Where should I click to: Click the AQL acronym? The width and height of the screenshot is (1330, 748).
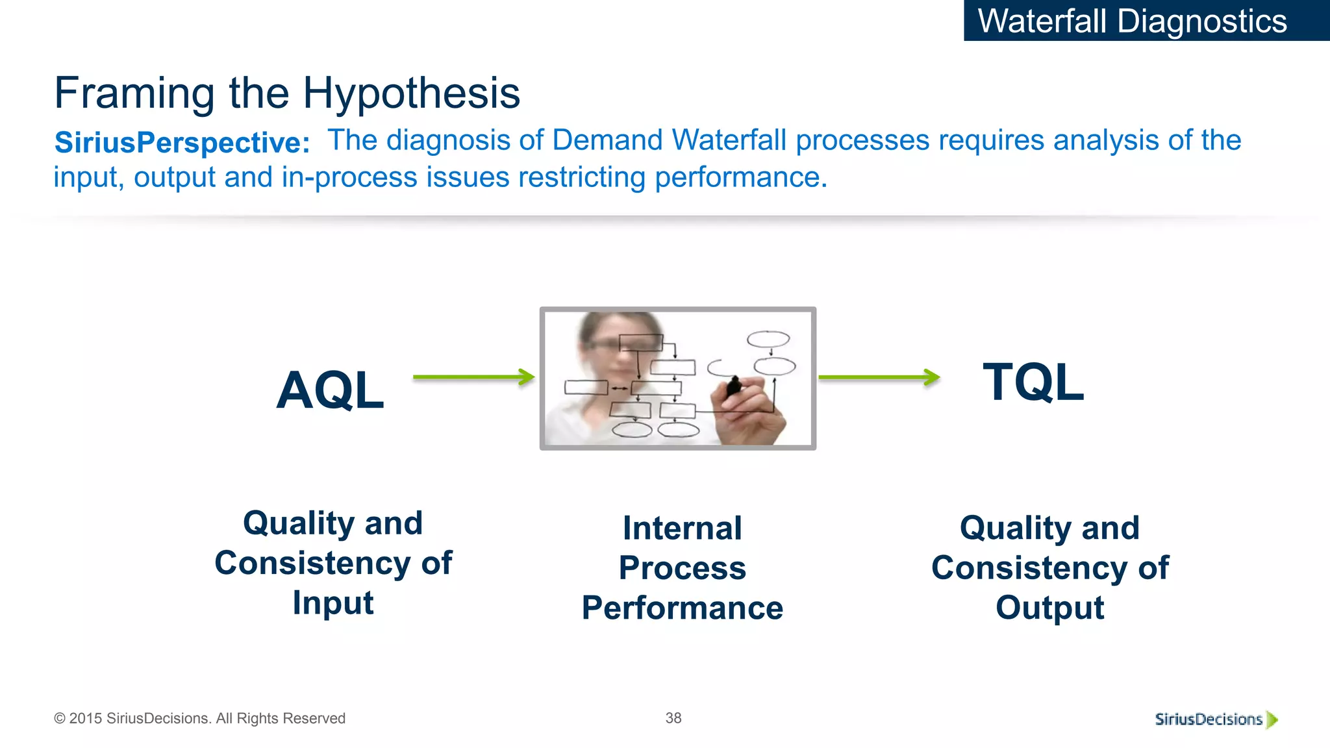coord(330,391)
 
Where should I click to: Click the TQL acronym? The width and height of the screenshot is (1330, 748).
coord(1033,383)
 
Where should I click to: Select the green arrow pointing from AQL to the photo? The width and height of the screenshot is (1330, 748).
coord(473,377)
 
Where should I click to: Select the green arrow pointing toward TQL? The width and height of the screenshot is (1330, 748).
coord(879,377)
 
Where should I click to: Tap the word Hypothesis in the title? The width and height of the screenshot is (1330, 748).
coord(411,93)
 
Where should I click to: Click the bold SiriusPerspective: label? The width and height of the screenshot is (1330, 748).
coord(182,143)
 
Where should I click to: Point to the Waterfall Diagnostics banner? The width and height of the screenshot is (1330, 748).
coord(1132,21)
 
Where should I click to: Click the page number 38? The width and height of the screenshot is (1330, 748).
coord(673,718)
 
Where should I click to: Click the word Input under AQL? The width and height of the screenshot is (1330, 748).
coord(332,603)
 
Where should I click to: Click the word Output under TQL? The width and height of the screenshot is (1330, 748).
coord(1049,608)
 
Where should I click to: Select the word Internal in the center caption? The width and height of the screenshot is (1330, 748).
coord(682,528)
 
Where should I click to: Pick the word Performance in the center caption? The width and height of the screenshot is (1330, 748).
coord(682,608)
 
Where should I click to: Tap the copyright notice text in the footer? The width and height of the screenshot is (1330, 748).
coord(199,718)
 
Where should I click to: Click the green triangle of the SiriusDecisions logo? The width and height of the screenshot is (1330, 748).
coord(1272,719)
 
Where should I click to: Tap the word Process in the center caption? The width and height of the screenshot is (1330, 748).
coord(682,568)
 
